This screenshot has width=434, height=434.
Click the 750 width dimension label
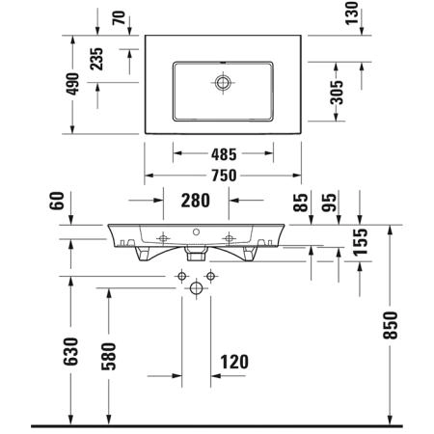[x=224, y=176]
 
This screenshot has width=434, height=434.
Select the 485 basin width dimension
[x=224, y=154]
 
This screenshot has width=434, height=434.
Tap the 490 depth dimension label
[x=72, y=84]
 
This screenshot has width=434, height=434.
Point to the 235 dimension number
[x=96, y=59]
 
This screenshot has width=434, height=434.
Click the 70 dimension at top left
[x=119, y=17]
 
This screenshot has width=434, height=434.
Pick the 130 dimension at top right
[x=352, y=14]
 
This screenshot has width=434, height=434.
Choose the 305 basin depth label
[x=337, y=93]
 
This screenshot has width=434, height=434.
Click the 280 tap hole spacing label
[x=196, y=201]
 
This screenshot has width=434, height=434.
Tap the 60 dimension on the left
[x=57, y=201]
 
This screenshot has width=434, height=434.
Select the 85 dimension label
[x=301, y=203]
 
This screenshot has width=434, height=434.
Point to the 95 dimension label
[x=329, y=203]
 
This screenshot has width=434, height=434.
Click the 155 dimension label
[x=360, y=242]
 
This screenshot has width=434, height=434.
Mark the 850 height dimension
[x=391, y=325]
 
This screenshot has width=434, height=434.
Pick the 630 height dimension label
[x=70, y=352]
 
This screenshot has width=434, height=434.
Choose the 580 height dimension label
[x=109, y=357]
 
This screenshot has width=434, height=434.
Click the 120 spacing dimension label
[x=234, y=362]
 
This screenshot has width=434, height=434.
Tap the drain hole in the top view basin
[x=223, y=83]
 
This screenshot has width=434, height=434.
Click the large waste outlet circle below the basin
[x=197, y=287]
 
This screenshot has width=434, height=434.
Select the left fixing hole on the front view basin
[x=163, y=238]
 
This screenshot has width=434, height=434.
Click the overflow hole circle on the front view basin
[x=196, y=231]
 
